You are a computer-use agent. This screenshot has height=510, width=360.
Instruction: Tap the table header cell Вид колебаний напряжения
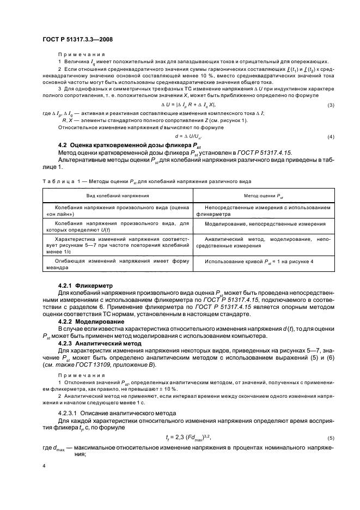pos(117,195)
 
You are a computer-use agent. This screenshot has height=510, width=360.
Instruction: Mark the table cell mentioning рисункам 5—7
pos(117,242)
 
